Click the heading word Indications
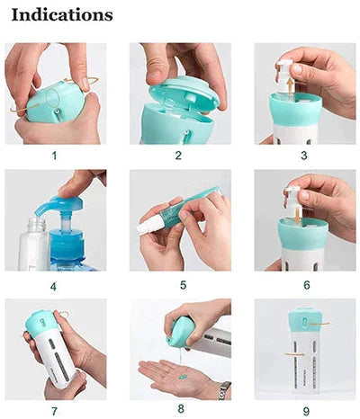coord(62,15)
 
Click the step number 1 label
coord(54,155)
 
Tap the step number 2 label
coord(178,155)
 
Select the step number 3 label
coord(304,155)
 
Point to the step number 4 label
coord(54,286)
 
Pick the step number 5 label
coord(178,286)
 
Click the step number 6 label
coord(304,286)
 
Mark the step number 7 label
coord(54,411)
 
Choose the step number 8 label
coord(178,411)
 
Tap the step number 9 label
coord(304,411)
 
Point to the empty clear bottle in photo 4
coord(33,241)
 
